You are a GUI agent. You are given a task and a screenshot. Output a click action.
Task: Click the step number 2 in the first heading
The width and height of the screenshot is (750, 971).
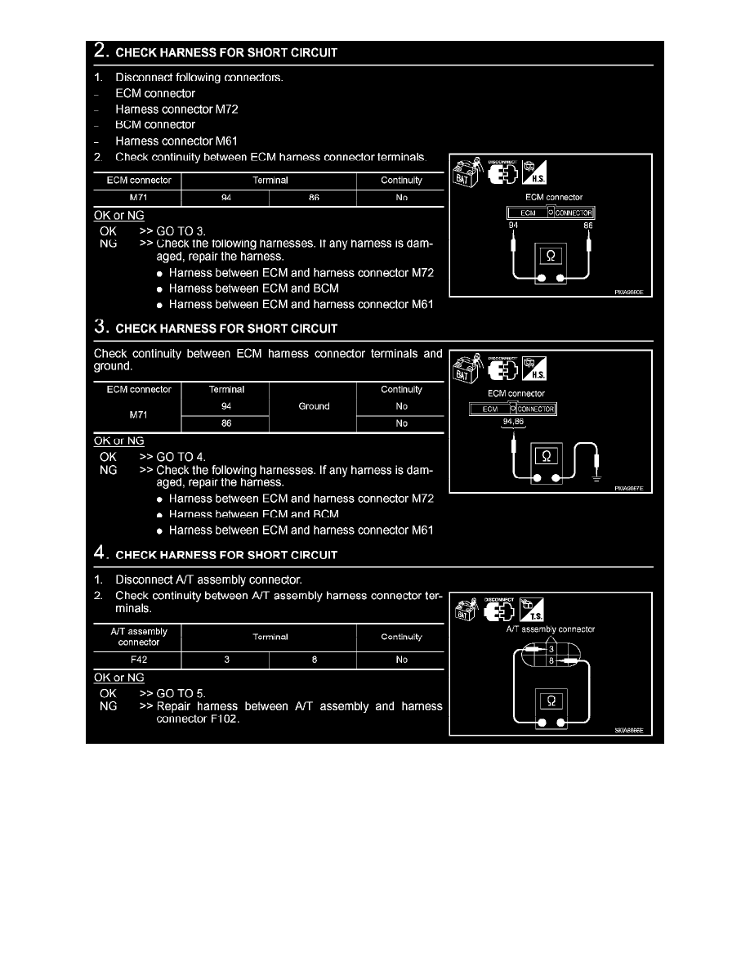click(100, 50)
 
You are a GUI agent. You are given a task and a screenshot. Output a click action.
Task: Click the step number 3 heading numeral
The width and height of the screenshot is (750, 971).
click(100, 326)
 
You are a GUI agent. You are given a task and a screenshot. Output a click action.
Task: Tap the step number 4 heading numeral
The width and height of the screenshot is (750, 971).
click(100, 553)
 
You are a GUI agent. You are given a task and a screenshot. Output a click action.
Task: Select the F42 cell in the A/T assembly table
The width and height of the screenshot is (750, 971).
click(139, 660)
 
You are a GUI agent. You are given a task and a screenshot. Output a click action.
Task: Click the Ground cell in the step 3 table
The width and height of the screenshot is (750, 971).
click(314, 406)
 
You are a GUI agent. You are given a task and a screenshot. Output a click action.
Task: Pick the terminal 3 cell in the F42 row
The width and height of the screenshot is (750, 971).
click(226, 660)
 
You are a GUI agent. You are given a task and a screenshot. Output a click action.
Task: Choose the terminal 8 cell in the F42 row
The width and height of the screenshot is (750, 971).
click(315, 660)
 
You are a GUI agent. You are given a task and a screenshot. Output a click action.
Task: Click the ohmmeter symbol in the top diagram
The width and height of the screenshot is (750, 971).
click(551, 256)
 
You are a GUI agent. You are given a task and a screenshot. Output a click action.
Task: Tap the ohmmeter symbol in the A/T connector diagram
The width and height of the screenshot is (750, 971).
click(551, 700)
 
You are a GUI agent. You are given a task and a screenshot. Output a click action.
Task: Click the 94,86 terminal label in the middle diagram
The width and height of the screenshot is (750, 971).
click(513, 422)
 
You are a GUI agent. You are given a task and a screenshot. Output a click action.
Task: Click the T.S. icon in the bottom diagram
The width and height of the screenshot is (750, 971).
click(532, 610)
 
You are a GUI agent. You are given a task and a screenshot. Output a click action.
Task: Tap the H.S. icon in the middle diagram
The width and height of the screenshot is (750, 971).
click(534, 369)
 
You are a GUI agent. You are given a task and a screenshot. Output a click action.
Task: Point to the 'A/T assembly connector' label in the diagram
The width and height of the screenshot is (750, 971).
click(550, 629)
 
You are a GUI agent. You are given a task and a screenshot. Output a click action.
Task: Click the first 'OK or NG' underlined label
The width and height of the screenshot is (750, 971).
click(118, 216)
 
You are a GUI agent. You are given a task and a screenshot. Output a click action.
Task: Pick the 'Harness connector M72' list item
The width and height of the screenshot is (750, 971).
click(176, 109)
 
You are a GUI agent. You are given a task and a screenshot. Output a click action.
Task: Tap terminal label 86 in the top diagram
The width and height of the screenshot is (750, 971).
click(588, 226)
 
